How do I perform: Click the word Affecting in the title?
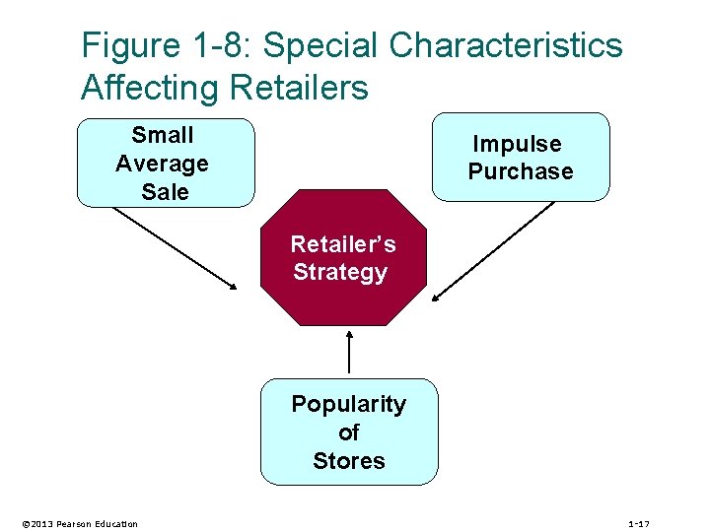coord(150,89)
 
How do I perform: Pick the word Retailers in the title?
coord(298,89)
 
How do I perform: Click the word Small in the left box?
coord(163,135)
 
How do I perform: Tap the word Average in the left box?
coord(162,164)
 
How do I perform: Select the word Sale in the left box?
coord(165,192)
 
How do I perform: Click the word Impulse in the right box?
coord(517,144)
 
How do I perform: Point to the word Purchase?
coord(520,171)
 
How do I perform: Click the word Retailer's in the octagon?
coord(342,243)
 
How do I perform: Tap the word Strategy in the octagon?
coord(340,272)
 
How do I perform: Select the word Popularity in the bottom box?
coord(348,404)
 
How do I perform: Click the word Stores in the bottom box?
coord(348,461)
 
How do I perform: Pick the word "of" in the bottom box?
coord(348,432)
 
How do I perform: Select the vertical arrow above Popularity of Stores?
coord(349,352)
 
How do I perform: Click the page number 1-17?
coord(639,523)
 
